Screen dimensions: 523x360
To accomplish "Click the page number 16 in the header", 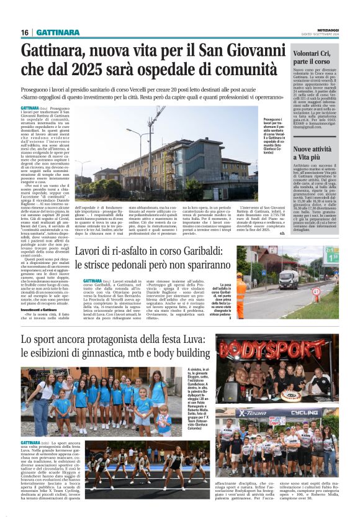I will [25, 32].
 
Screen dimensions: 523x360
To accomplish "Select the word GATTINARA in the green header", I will [56, 32].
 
